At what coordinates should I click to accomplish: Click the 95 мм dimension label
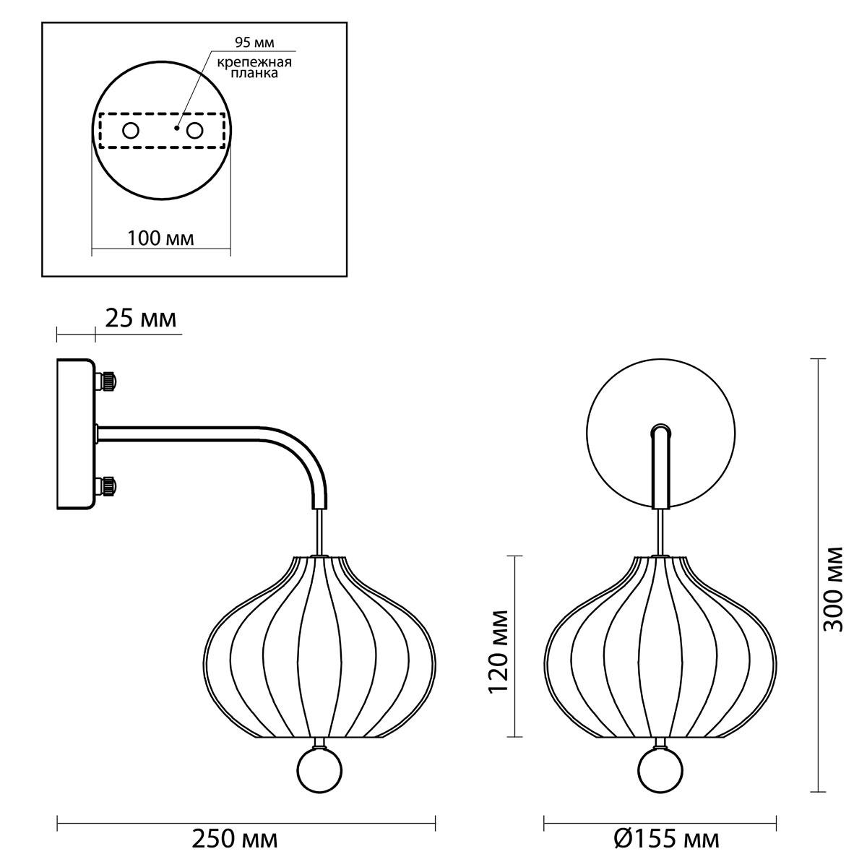point(254,43)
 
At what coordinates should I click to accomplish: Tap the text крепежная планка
point(254,67)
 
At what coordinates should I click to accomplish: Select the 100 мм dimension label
point(160,238)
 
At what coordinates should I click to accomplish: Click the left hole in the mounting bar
point(131,131)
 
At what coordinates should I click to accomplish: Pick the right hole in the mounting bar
point(195,131)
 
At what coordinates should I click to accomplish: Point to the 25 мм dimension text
point(141,319)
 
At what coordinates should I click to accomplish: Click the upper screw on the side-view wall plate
point(107,381)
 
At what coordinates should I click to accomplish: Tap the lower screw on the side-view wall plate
point(107,486)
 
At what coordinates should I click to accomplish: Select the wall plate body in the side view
point(75,433)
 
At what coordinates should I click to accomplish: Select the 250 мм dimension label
point(235,839)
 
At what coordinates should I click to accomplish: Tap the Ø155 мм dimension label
point(666,839)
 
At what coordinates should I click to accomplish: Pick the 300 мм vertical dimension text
point(833,590)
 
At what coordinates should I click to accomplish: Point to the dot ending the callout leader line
point(177,128)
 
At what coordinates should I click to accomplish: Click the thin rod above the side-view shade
point(319,532)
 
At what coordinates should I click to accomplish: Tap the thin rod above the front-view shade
point(660,532)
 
